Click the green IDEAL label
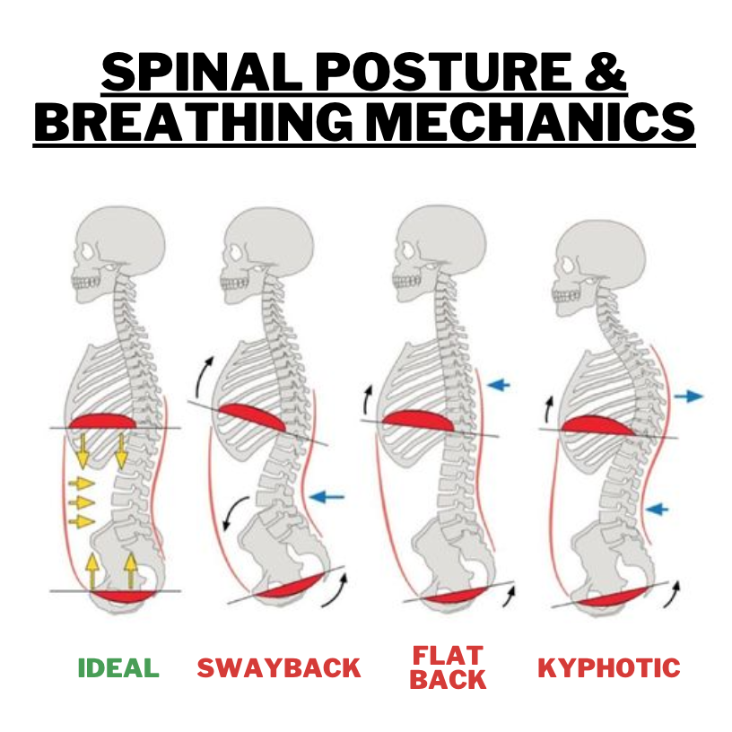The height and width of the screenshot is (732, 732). (x=118, y=668)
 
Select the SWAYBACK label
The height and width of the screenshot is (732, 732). (x=279, y=668)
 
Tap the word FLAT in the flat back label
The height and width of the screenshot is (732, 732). (x=448, y=656)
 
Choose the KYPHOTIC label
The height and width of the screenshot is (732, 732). (x=608, y=668)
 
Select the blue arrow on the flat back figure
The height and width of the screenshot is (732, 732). (x=499, y=385)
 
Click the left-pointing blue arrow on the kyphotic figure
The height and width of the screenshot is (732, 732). (x=657, y=509)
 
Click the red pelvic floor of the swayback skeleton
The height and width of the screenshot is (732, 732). (x=285, y=587)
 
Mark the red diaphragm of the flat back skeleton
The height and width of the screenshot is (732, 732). (x=420, y=420)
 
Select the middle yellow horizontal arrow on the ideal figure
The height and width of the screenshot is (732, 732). (x=81, y=502)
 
